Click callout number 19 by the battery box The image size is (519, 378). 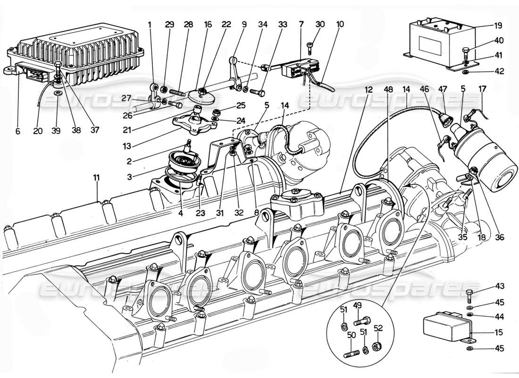(499, 26)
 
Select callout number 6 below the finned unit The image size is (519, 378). (17, 132)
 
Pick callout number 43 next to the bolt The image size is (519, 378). (499, 286)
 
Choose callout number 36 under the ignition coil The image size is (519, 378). (499, 238)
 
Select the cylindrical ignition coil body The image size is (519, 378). (486, 151)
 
